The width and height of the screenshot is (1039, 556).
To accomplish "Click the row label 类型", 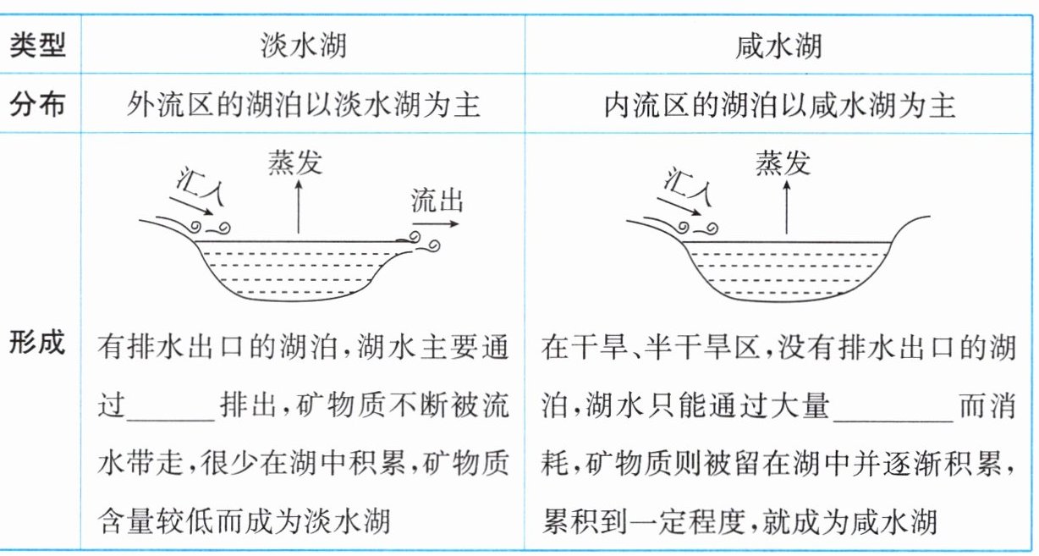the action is pyautogui.click(x=38, y=45).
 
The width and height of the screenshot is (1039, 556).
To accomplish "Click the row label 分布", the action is pyautogui.click(x=38, y=105).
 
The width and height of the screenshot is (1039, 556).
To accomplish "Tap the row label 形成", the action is pyautogui.click(x=38, y=344).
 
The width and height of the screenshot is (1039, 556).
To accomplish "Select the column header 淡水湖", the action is pyautogui.click(x=303, y=45).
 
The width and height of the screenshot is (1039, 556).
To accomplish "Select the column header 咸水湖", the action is pyautogui.click(x=778, y=45).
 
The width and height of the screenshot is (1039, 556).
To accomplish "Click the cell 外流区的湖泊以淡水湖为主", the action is pyautogui.click(x=303, y=105).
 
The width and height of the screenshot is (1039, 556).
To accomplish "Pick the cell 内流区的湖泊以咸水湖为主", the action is pyautogui.click(x=778, y=105).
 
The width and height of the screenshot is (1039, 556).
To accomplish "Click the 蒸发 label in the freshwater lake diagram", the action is pyautogui.click(x=296, y=162).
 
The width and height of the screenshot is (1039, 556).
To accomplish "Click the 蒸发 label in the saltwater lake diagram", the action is pyautogui.click(x=783, y=162).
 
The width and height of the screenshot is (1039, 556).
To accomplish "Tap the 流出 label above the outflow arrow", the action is pyautogui.click(x=437, y=201).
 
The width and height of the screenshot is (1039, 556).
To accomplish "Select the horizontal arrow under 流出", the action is pyautogui.click(x=437, y=224).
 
